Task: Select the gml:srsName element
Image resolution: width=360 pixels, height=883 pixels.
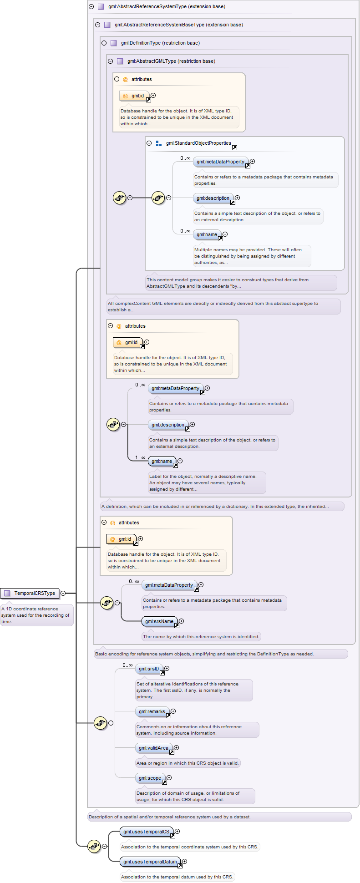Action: pos(159,621)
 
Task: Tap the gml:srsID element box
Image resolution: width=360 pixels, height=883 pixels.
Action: pos(149,669)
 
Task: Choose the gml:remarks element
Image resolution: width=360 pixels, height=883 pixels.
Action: pos(152,711)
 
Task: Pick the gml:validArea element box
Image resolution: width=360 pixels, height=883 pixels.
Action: pos(154,748)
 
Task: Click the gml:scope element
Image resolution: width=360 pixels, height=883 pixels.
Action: pos(150,778)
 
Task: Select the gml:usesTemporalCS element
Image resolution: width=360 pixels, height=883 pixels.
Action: pos(147,832)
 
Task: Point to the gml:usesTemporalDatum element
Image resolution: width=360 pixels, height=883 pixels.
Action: pos(150,862)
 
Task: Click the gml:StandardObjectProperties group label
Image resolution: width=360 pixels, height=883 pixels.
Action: pos(198,143)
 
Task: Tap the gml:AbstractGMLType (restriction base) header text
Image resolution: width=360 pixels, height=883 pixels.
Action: pos(171,61)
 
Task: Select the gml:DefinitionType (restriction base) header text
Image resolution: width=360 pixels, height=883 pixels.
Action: pos(160,43)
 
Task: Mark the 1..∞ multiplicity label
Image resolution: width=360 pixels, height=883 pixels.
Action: pos(140,457)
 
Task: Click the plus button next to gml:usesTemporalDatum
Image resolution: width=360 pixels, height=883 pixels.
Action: pos(184,861)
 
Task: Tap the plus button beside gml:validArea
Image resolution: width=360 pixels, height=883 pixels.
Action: pos(176,747)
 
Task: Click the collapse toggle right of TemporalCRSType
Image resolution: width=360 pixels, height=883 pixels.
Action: pos(63,593)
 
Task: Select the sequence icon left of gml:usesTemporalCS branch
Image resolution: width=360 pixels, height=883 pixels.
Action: pos(94,846)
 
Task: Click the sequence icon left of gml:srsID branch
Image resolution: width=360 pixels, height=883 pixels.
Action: pos(101,723)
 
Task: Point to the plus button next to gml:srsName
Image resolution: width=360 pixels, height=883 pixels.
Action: pos(181,621)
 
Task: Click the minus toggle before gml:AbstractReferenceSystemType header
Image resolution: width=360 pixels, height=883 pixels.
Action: pos(91,6)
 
